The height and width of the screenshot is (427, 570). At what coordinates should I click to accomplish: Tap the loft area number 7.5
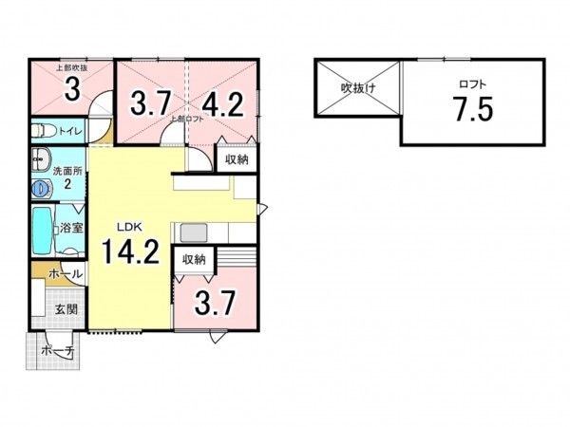471,109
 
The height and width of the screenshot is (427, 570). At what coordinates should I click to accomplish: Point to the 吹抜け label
357,89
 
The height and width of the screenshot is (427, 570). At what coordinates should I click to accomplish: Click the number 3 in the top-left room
70,90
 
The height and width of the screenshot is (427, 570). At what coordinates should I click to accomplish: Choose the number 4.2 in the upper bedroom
223,102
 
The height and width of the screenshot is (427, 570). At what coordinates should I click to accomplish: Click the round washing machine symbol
40,190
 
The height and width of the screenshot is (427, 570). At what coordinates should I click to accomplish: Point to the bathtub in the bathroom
42,229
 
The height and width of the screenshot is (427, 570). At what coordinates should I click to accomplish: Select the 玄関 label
66,309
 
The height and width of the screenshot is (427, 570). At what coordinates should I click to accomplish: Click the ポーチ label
55,350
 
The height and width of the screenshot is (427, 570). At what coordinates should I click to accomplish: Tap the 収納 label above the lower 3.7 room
194,259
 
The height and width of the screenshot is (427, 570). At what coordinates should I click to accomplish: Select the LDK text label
129,227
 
